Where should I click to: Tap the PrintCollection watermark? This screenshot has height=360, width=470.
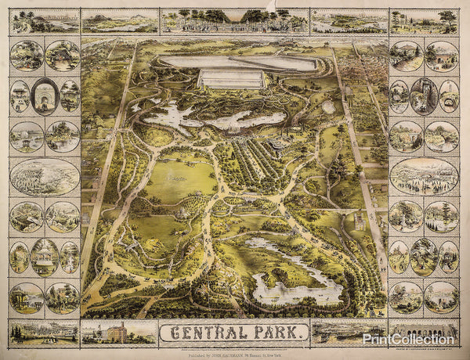[x=407, y=339]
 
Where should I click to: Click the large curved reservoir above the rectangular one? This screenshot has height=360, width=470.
[x=239, y=62]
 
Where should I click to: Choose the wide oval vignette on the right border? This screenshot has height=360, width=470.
[x=424, y=176]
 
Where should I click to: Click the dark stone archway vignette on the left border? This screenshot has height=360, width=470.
[x=45, y=96]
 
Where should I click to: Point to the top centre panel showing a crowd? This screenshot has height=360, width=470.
[x=235, y=20]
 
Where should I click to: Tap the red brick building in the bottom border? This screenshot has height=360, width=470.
[x=114, y=333]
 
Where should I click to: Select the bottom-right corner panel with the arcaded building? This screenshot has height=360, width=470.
[x=424, y=332]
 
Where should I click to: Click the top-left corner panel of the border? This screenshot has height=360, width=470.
[x=45, y=21]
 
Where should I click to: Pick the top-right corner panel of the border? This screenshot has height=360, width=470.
[x=424, y=21]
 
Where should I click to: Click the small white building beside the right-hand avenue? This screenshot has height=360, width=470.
[x=360, y=221]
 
